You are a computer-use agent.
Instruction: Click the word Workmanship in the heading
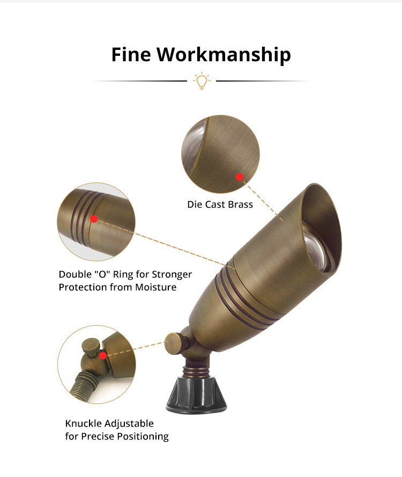click(224, 56)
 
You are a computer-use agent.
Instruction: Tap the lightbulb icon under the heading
click(202, 81)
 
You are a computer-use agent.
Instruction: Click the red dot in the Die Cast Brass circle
click(240, 177)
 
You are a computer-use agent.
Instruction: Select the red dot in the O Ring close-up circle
click(94, 219)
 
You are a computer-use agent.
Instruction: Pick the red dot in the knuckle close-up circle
click(103, 356)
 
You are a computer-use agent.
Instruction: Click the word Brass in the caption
click(240, 204)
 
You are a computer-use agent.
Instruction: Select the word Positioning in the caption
click(143, 437)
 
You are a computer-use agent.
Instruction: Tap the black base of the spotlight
click(197, 395)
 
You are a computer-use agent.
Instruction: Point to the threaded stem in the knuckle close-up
click(84, 387)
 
